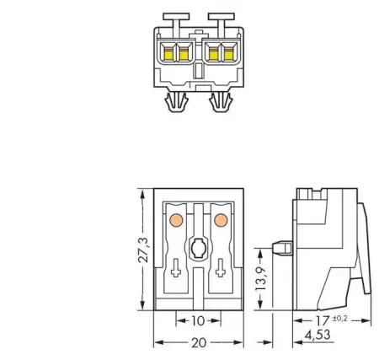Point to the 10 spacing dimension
(x=198, y=322)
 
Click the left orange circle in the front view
(x=176, y=221)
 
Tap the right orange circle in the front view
(x=221, y=221)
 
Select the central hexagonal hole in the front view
(x=199, y=249)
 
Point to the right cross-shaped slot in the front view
(x=221, y=271)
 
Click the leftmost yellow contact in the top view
(x=168, y=55)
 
